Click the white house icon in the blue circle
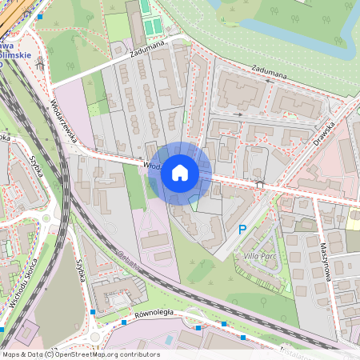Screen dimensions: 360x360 pyautogui.click(x=180, y=173)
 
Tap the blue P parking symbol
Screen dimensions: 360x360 pyautogui.click(x=242, y=230)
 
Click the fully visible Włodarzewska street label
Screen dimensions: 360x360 pyautogui.click(x=65, y=119)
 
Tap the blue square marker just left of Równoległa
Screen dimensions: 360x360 pyautogui.click(x=123, y=322)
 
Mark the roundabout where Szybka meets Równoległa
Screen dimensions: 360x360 pyautogui.click(x=97, y=334)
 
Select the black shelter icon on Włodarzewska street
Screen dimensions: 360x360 pyautogui.click(x=259, y=185)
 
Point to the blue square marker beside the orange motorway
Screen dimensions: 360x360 pyautogui.click(x=39, y=15)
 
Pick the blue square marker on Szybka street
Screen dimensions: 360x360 pyautogui.click(x=94, y=310)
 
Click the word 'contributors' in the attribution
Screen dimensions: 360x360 pyautogui.click(x=138, y=354)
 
